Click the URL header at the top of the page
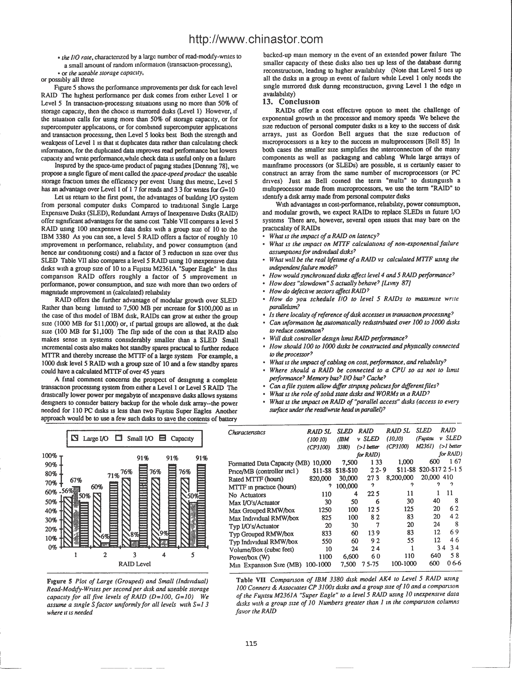point(256,39)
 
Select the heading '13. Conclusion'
point(291,102)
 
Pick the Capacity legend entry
point(177,439)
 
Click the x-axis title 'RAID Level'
point(134,564)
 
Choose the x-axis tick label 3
point(134,555)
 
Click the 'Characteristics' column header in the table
point(247,432)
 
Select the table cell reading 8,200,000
point(399,478)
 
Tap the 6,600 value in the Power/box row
point(348,556)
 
